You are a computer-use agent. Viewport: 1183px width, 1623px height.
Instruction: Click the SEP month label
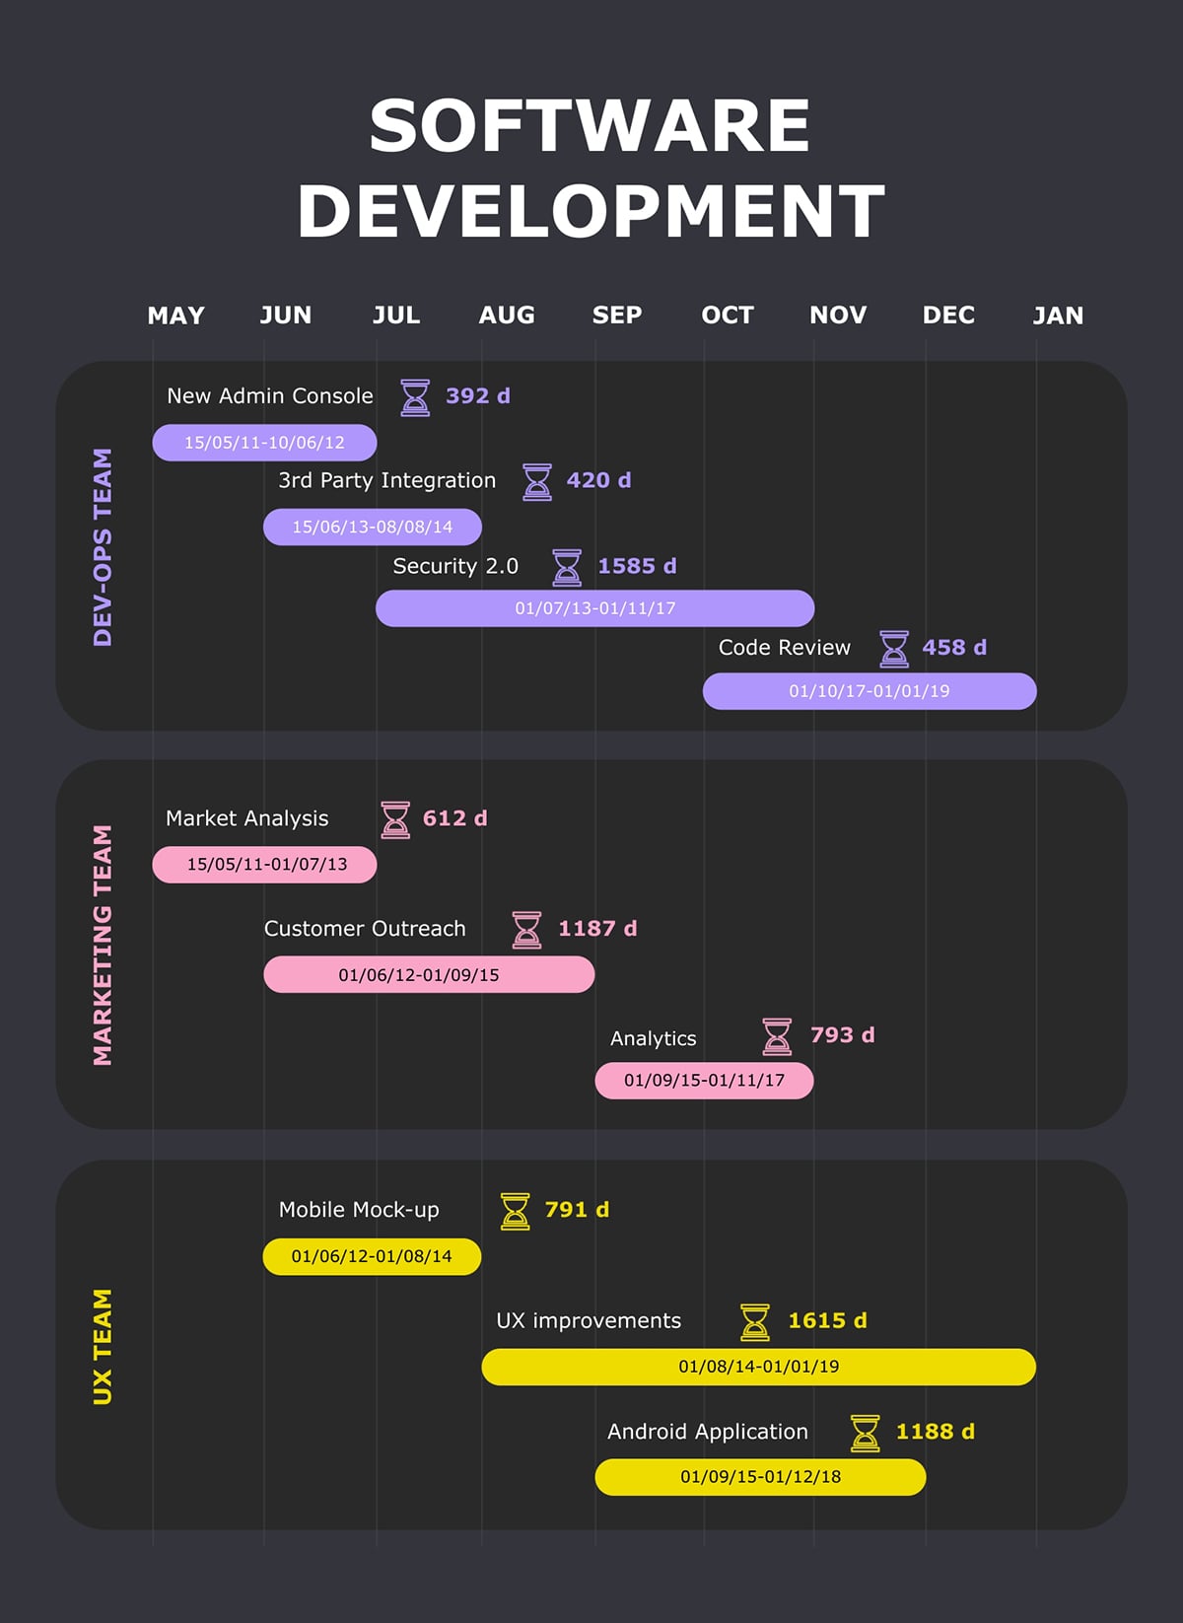pyautogui.click(x=617, y=316)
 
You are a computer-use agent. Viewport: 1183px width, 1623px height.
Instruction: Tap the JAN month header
pyautogui.click(x=1058, y=316)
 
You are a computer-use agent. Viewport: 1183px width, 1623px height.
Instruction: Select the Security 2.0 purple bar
pyautogui.click(x=594, y=608)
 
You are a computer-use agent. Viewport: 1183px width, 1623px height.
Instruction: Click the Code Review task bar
pyautogui.click(x=869, y=691)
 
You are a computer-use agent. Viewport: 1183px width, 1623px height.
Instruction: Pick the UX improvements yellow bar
pyautogui.click(x=758, y=1367)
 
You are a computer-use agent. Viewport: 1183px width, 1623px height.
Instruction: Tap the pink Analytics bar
pyautogui.click(x=704, y=1081)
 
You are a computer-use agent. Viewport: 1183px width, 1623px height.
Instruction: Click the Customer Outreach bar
pyautogui.click(x=429, y=975)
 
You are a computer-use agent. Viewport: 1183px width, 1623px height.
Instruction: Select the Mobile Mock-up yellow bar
pyautogui.click(x=372, y=1257)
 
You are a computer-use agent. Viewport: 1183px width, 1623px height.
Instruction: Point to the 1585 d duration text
pyautogui.click(x=637, y=566)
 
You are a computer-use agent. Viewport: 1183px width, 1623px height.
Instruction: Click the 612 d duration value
pyautogui.click(x=454, y=818)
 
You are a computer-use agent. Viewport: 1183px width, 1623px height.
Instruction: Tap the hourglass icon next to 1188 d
pyautogui.click(x=865, y=1433)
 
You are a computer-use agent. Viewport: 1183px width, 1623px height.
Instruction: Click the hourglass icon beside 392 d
pyautogui.click(x=415, y=397)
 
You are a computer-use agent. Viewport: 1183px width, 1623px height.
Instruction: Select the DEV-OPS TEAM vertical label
pyautogui.click(x=103, y=547)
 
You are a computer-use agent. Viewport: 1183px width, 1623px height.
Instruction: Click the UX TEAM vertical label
pyautogui.click(x=103, y=1346)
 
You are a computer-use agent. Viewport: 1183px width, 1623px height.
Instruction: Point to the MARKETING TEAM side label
pyautogui.click(x=103, y=945)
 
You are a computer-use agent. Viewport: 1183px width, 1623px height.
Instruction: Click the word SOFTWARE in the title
pyautogui.click(x=590, y=126)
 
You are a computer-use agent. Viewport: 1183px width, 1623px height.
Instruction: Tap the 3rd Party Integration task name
pyautogui.click(x=386, y=480)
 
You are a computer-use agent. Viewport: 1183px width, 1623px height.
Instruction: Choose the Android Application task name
pyautogui.click(x=707, y=1432)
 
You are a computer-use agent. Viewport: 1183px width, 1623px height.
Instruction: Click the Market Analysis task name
pyautogui.click(x=246, y=818)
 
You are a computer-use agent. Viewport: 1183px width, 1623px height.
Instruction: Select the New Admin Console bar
pyautogui.click(x=264, y=443)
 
